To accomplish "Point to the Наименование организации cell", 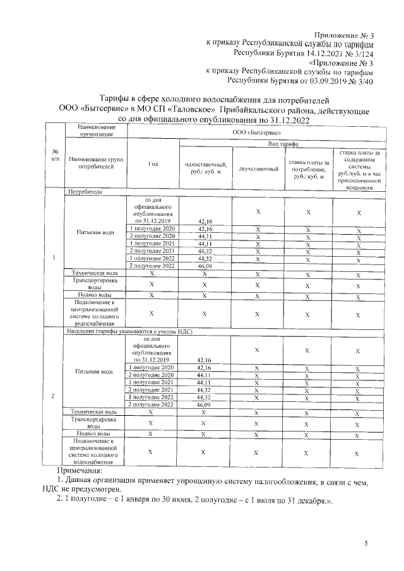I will tap(97, 131).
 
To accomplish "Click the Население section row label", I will tap(130, 331).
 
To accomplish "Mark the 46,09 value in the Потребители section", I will tap(204, 266).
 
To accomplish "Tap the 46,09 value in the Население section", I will tap(204, 405).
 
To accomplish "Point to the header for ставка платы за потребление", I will tap(309, 169).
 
